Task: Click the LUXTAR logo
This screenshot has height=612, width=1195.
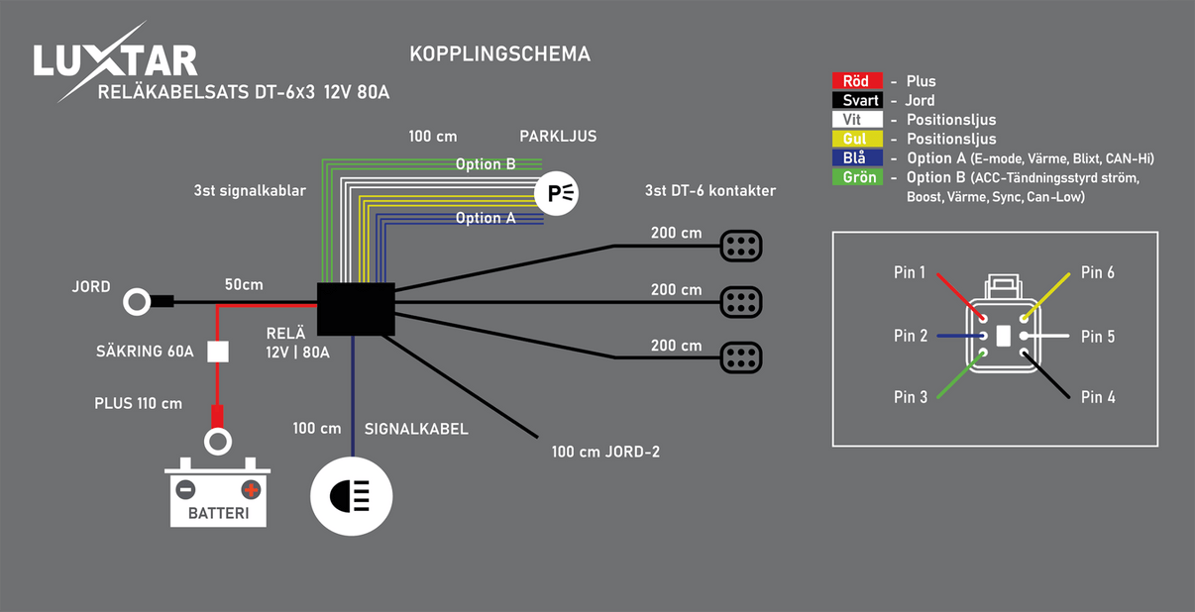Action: [x=115, y=61]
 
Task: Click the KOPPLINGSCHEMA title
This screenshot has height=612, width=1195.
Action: [x=499, y=53]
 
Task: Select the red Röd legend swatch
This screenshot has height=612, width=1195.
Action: [x=856, y=81]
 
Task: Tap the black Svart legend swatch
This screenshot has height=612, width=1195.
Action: [x=856, y=100]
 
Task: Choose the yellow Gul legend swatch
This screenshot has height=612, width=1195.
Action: [x=856, y=139]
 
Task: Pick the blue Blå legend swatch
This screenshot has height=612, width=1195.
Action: [x=856, y=158]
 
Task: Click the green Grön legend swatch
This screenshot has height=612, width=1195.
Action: [x=856, y=177]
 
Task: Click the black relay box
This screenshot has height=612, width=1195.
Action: [x=356, y=309]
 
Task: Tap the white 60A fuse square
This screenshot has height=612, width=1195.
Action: [x=218, y=352]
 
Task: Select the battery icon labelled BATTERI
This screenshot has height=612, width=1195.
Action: [x=217, y=491]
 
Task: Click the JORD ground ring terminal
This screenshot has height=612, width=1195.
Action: [x=137, y=301]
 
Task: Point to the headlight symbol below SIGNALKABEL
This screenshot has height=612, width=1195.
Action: [x=352, y=496]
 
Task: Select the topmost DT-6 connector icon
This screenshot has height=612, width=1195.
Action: [x=740, y=246]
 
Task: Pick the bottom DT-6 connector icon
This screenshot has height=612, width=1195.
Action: [x=740, y=357]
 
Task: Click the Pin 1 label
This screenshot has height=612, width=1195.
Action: [x=909, y=272]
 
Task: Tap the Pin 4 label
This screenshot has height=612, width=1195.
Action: [x=1098, y=397]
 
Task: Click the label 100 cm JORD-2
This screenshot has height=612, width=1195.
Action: [x=605, y=453]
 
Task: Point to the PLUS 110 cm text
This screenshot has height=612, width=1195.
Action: [x=138, y=403]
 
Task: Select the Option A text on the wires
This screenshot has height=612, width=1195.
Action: [x=486, y=218]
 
